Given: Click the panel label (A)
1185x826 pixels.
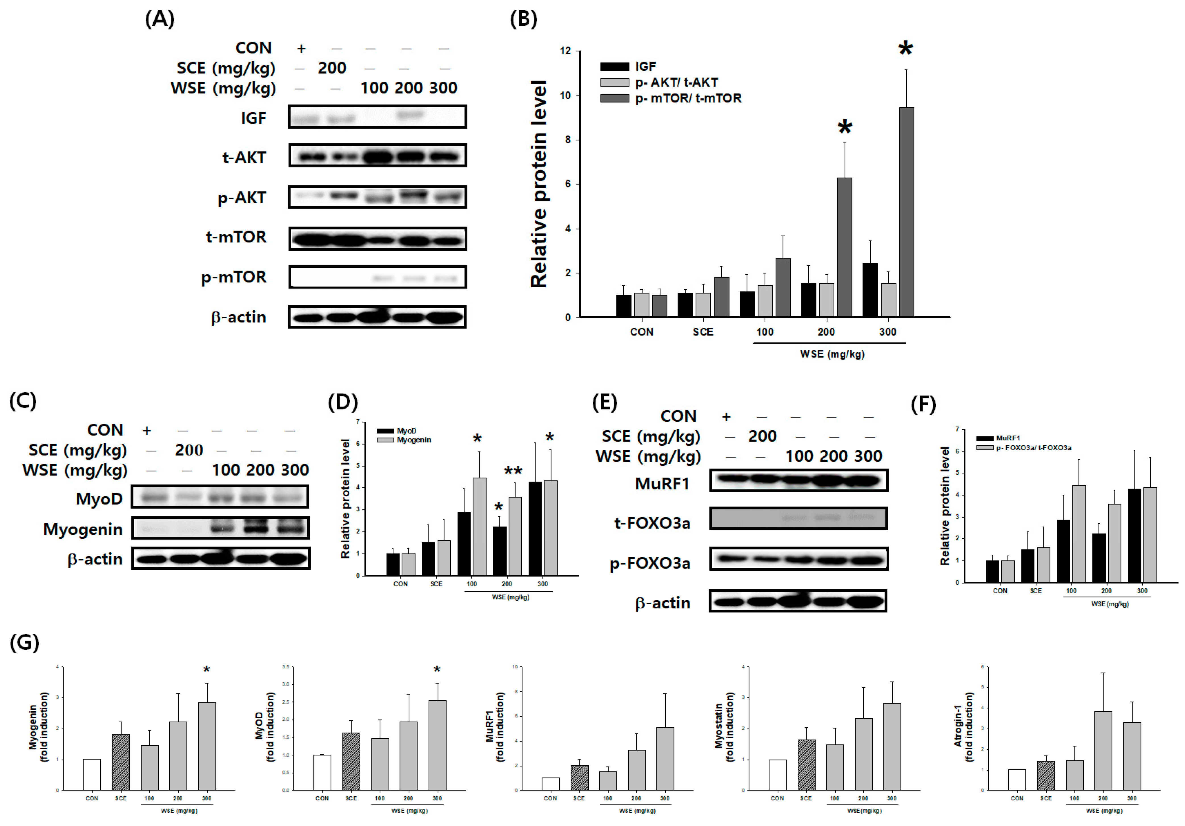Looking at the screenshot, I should [x=160, y=20].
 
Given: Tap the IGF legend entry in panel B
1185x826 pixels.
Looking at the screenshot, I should [x=645, y=66].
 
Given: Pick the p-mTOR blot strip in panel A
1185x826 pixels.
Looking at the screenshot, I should [x=377, y=277].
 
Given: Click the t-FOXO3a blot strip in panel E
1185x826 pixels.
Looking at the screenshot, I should [x=799, y=518].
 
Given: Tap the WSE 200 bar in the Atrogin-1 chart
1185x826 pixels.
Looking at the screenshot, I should [x=1103, y=751].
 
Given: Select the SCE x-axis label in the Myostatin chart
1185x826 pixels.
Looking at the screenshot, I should [x=806, y=798].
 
